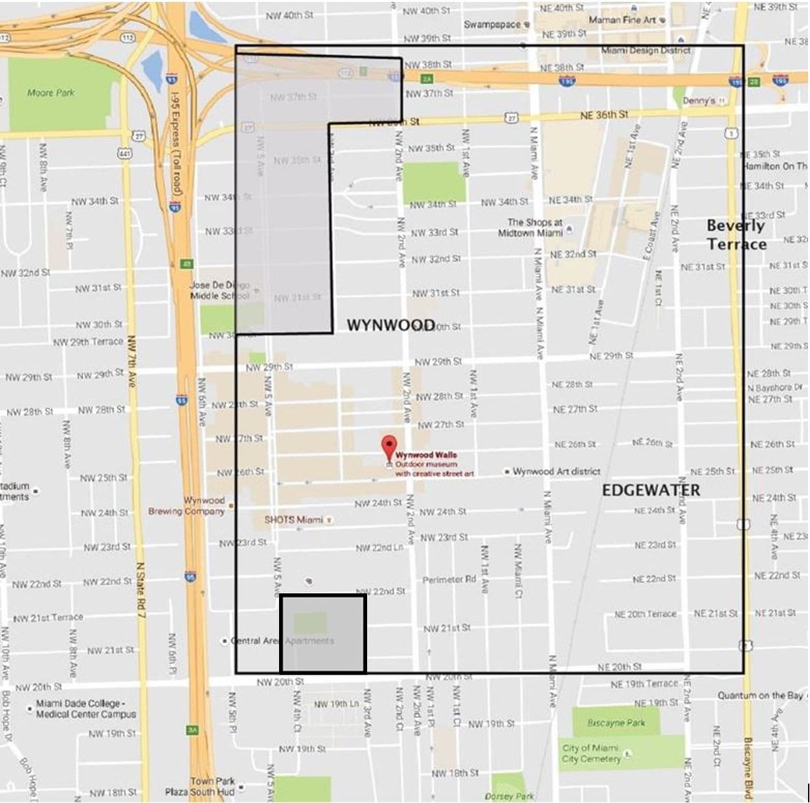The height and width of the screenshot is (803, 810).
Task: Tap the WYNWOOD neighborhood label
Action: coord(390,325)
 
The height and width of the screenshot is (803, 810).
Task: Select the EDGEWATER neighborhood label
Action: coord(650,490)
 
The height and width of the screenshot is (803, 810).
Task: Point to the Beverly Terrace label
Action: coord(736,234)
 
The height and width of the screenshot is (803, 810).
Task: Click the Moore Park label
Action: coord(51,93)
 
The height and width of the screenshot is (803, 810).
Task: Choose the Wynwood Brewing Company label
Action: coord(186,506)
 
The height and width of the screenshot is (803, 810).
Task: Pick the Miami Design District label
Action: coord(646,50)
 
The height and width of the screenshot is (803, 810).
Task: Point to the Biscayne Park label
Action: coord(616,722)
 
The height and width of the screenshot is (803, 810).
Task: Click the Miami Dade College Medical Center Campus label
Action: coord(85,709)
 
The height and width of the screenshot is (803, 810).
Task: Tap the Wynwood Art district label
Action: coord(556,471)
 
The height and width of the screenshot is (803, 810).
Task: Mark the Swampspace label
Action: coord(492,24)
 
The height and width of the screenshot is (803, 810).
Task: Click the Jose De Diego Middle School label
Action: coord(219,290)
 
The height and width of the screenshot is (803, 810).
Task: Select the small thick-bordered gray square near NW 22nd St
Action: coord(323,633)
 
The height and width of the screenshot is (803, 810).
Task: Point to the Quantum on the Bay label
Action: coord(759,695)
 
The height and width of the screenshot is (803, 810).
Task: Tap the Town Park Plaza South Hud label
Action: coord(199,786)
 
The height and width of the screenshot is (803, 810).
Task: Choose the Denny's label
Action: coord(699,101)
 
